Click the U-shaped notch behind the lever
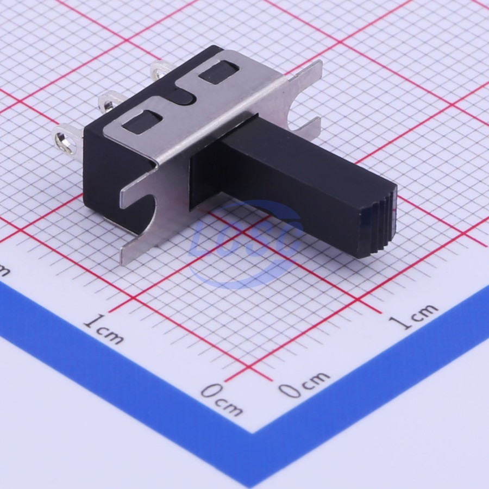299,113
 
